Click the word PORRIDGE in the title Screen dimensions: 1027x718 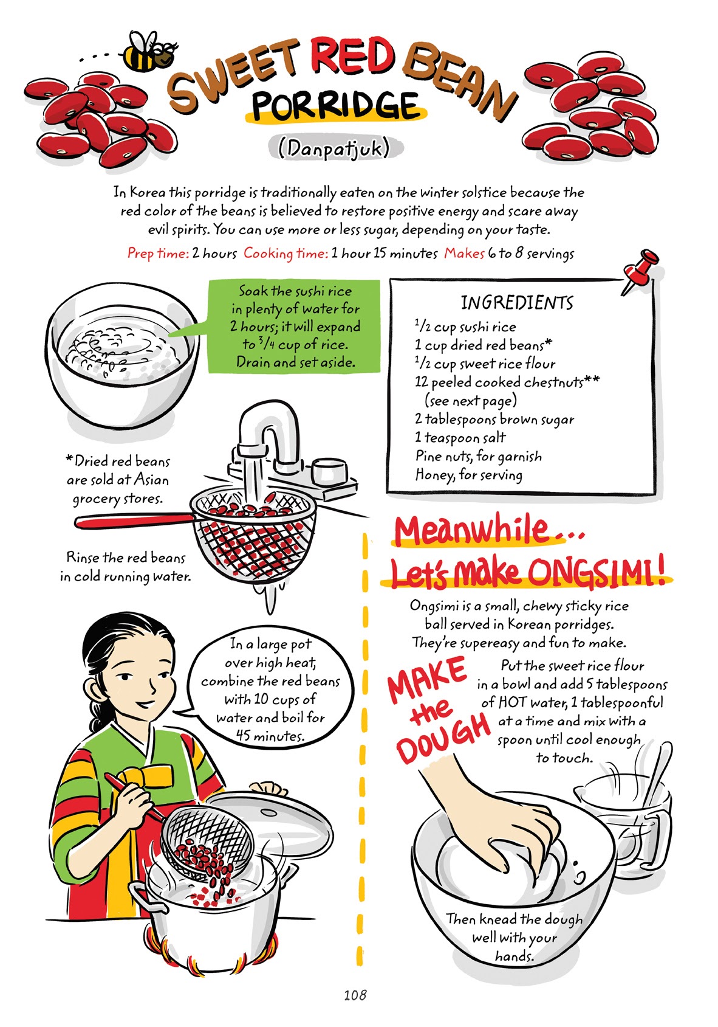tap(335, 106)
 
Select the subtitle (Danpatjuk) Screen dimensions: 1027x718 tap(333, 148)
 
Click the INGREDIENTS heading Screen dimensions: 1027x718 tap(516, 302)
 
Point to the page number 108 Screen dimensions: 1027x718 tap(354, 995)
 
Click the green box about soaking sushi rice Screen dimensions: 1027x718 tap(295, 327)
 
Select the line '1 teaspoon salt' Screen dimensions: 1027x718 tap(460, 438)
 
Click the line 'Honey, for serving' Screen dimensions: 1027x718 tap(468, 475)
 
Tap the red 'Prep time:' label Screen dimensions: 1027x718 tap(158, 254)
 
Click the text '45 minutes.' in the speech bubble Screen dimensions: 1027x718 tap(270, 736)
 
